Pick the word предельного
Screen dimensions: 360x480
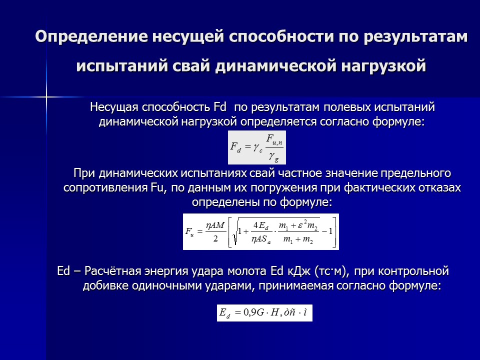[408, 173]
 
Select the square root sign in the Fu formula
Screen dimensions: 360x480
[233, 233]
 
